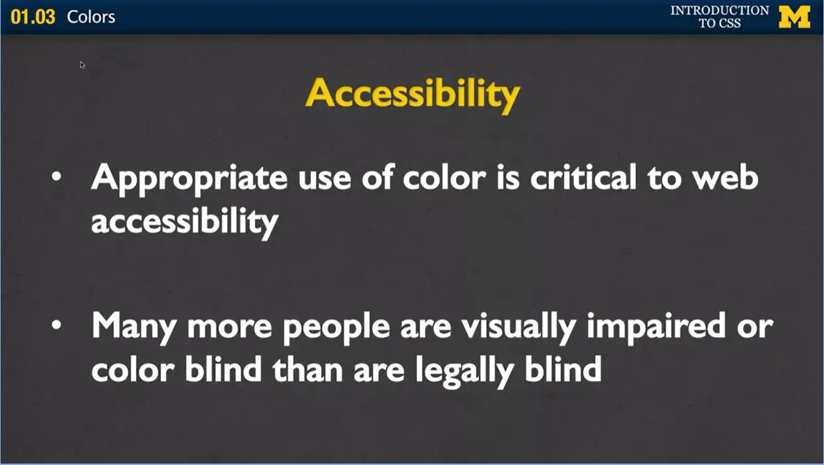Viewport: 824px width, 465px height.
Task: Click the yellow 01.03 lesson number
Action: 33,17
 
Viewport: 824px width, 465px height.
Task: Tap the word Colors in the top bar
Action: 91,17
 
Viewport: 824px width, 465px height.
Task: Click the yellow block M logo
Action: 794,17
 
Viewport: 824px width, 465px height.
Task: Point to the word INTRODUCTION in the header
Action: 719,10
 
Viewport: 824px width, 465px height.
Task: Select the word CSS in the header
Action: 730,23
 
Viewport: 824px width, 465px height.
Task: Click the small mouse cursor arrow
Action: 82,65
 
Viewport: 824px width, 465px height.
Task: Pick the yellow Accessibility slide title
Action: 412,94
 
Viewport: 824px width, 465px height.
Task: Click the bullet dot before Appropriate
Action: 57,178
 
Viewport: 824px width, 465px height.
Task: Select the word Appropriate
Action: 188,179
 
